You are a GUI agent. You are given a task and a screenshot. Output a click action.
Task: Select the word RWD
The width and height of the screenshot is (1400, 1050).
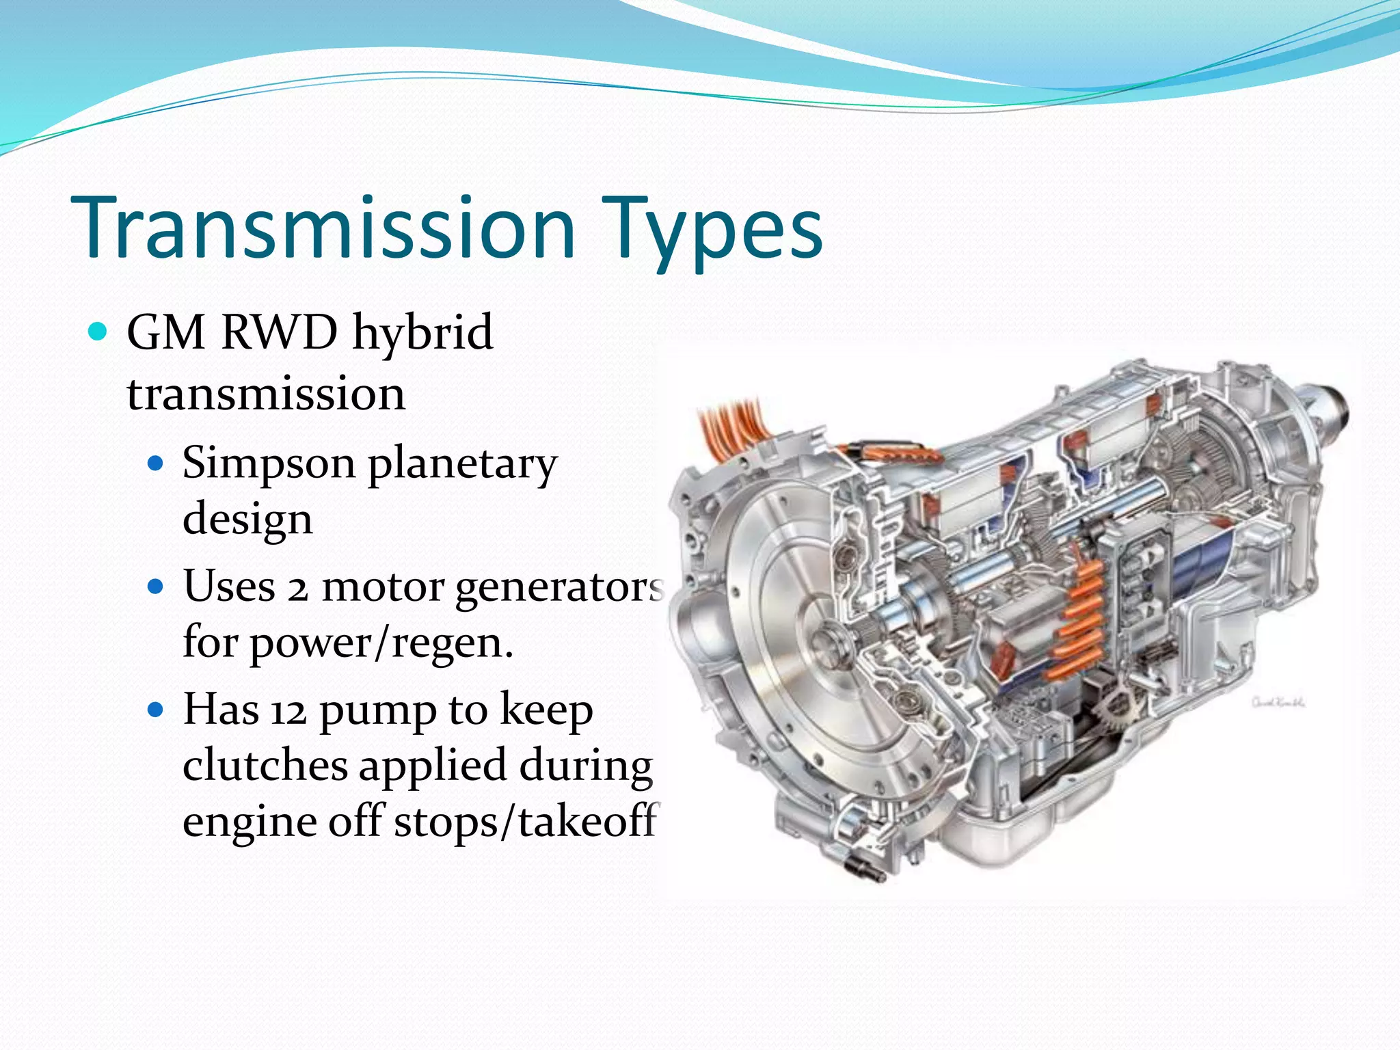280,332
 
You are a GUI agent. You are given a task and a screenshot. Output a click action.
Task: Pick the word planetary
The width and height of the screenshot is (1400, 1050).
463,466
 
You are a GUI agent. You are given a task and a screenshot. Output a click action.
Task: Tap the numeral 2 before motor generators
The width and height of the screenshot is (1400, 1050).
297,589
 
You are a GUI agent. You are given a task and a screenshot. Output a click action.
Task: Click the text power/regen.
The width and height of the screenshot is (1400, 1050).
381,644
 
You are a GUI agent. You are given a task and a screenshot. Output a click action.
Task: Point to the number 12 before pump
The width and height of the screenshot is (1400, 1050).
288,712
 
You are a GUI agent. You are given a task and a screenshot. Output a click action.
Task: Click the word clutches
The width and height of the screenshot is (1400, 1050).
265,766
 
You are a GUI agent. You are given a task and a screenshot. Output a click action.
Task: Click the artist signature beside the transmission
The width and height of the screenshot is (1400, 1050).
1278,702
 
